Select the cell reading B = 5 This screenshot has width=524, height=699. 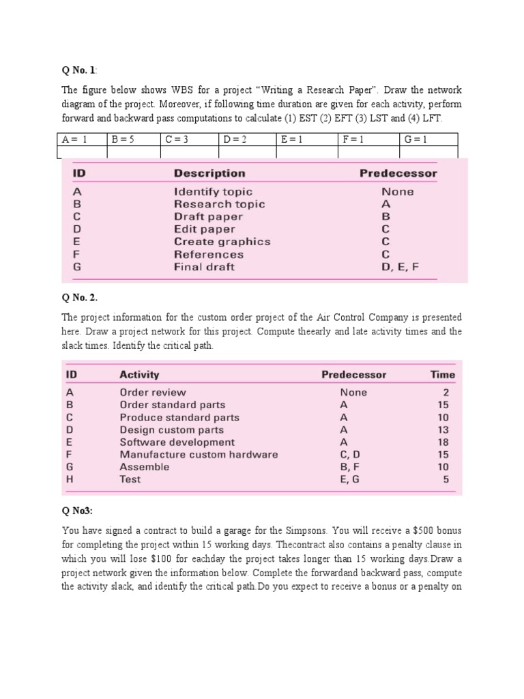point(123,139)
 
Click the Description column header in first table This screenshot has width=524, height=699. point(209,173)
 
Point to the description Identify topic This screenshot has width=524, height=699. point(213,192)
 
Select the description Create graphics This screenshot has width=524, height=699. point(222,242)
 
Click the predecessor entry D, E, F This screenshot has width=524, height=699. point(400,267)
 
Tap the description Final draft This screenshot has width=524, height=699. point(204,267)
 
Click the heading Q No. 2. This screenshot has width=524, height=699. point(81,297)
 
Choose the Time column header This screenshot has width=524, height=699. point(442,375)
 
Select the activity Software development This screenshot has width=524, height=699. point(173,442)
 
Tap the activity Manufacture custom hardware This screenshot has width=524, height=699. point(199,455)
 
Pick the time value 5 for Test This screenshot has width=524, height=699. point(446,479)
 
